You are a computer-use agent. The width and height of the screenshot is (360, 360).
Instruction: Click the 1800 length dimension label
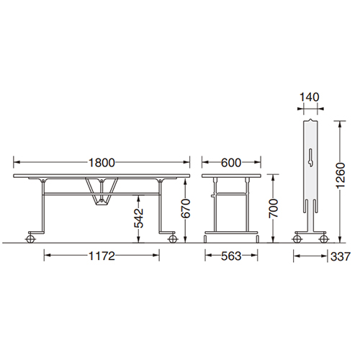click(x=102, y=163)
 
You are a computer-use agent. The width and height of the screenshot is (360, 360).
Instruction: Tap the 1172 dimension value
click(x=102, y=256)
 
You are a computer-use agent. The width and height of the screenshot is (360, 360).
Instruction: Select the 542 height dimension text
click(x=139, y=218)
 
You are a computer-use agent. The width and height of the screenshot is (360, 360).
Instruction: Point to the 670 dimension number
click(x=186, y=209)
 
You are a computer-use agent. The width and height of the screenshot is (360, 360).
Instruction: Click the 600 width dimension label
click(x=231, y=163)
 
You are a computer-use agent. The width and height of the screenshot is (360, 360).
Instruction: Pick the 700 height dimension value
click(x=273, y=209)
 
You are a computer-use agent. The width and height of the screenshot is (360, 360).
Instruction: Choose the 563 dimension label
click(x=231, y=256)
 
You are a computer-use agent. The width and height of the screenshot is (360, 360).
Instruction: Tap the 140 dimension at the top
click(x=310, y=97)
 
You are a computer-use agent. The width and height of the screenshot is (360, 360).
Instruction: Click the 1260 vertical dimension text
click(x=341, y=176)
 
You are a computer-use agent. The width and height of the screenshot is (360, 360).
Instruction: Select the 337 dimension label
click(x=341, y=256)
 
